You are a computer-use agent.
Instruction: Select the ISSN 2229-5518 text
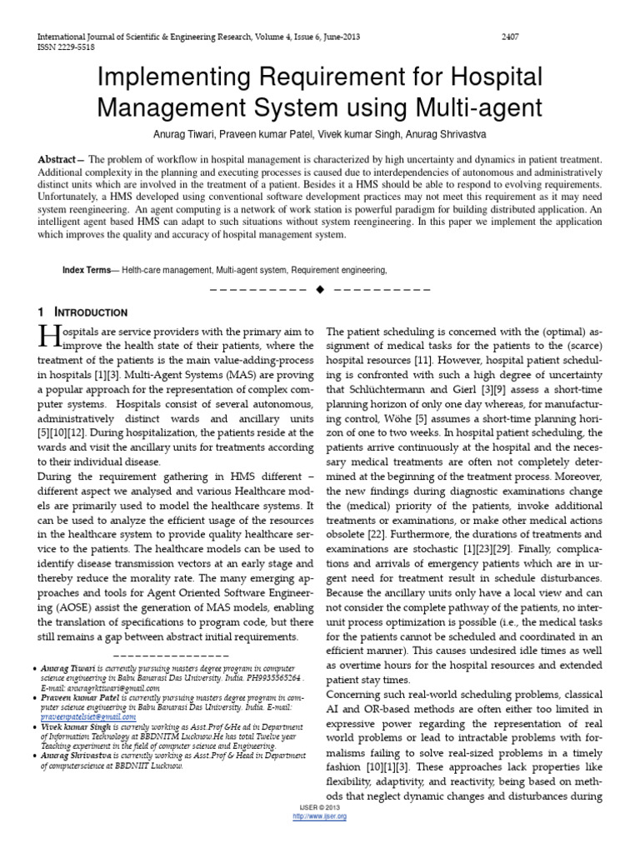pos(64,47)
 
